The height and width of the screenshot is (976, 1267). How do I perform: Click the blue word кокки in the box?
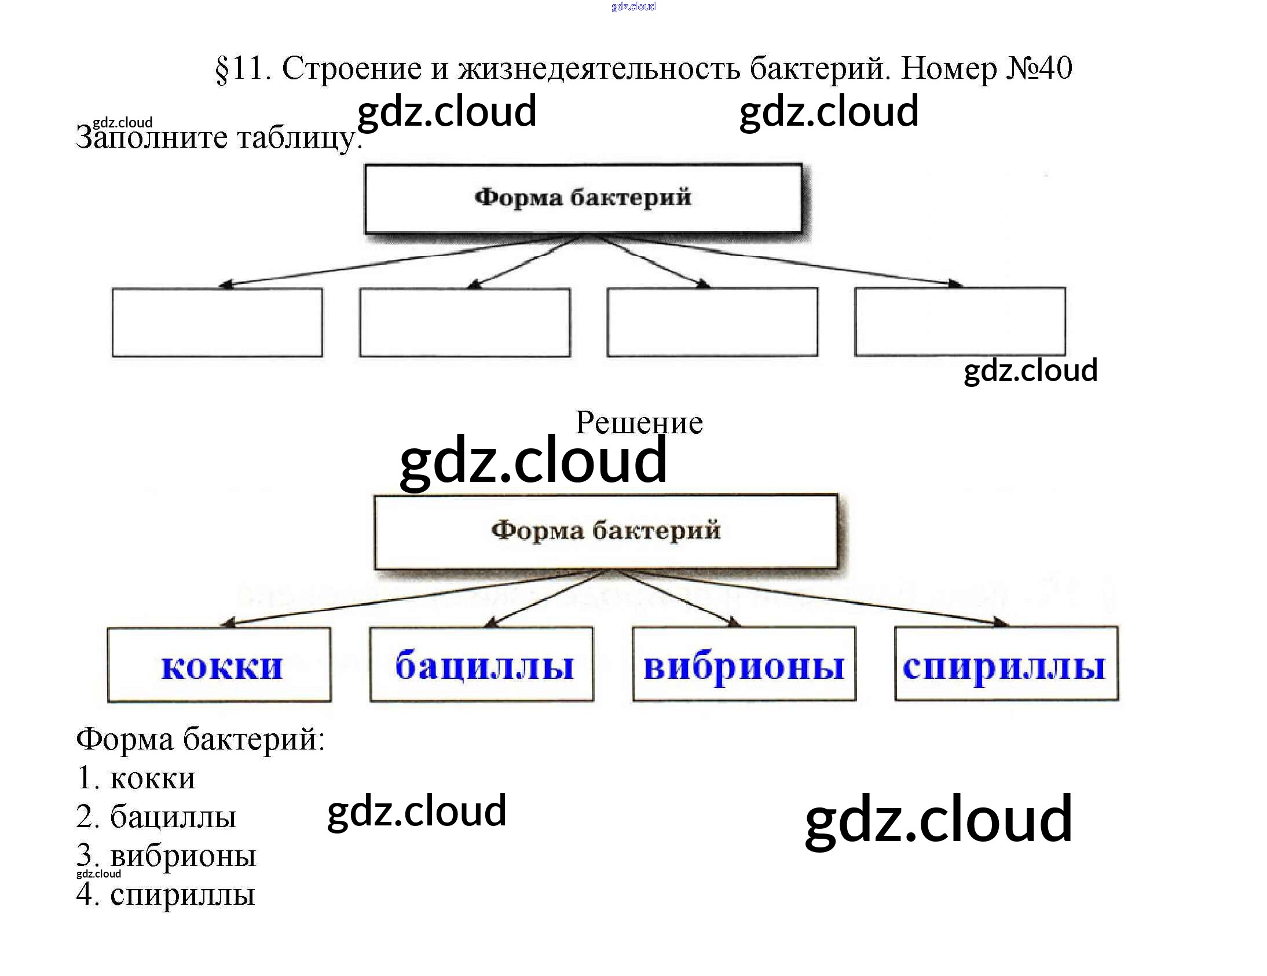pyautogui.click(x=222, y=667)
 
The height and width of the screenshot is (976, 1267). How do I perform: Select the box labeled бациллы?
pyautogui.click(x=482, y=664)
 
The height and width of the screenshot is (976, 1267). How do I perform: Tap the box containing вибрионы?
pyautogui.click(x=744, y=664)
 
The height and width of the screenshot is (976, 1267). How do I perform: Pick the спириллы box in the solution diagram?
pyautogui.click(x=1006, y=664)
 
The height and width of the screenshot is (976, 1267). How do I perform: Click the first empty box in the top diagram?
pyautogui.click(x=217, y=322)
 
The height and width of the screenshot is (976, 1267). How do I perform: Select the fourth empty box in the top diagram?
pyautogui.click(x=960, y=321)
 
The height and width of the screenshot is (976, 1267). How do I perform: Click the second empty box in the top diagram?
pyautogui.click(x=464, y=322)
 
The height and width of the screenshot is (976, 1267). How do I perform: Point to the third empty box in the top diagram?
pyautogui.click(x=712, y=321)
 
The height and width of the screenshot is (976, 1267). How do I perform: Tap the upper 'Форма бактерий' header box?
pyautogui.click(x=583, y=199)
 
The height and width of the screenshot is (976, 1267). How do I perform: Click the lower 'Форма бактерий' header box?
pyautogui.click(x=606, y=531)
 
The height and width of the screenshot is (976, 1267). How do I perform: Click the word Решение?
pyautogui.click(x=639, y=422)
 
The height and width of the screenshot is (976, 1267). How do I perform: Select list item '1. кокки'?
pyautogui.click(x=136, y=778)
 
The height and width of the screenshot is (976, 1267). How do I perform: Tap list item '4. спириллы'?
pyautogui.click(x=166, y=894)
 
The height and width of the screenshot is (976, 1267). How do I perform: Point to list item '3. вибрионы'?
pyautogui.click(x=167, y=856)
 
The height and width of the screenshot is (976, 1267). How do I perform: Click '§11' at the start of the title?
pyautogui.click(x=243, y=68)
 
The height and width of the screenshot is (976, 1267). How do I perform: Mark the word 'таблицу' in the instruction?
pyautogui.click(x=296, y=138)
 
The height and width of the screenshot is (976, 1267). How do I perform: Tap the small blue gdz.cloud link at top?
pyautogui.click(x=633, y=6)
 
